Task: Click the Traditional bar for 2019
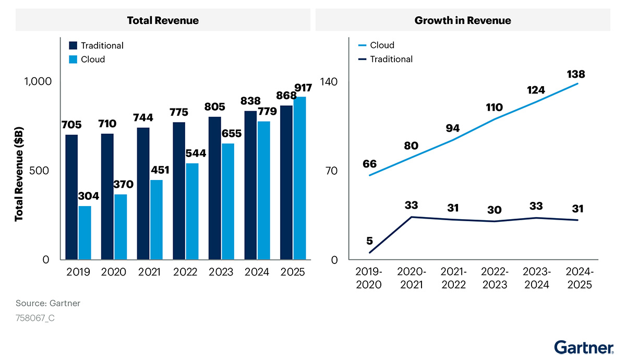tap(71, 197)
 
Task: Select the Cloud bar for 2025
tap(299, 178)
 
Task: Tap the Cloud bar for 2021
tap(156, 220)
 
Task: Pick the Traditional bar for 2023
tap(214, 188)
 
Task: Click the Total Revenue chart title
tap(163, 21)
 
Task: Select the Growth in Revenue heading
tap(463, 21)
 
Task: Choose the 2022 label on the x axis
tap(185, 272)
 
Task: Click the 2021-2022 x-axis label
tap(454, 278)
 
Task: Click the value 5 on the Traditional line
tap(369, 241)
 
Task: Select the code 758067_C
tap(35, 318)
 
